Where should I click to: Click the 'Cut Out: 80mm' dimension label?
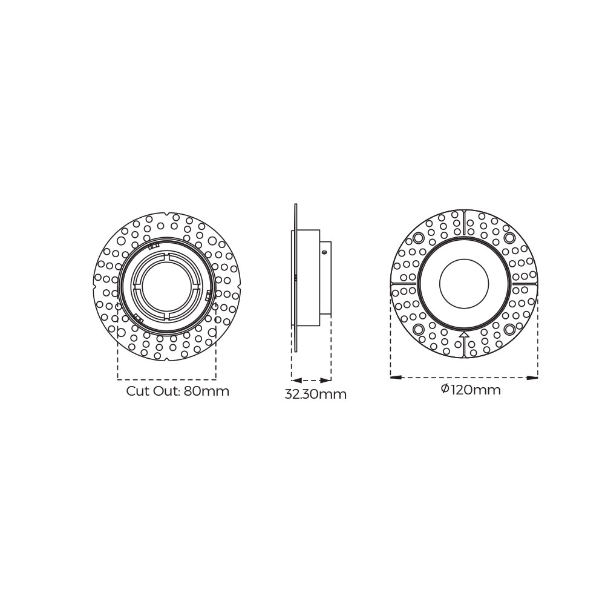[x=177, y=391]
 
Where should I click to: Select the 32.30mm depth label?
[x=315, y=395]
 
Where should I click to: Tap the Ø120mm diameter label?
[x=471, y=390]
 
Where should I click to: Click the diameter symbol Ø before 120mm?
[x=445, y=389]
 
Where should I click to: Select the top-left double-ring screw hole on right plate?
[x=418, y=238]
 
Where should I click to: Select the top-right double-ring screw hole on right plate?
[x=509, y=238]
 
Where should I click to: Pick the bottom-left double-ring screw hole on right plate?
[x=418, y=329]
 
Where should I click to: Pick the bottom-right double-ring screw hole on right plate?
[x=509, y=329]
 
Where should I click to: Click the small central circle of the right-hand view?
[x=464, y=284]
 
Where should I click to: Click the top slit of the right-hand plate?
[x=464, y=223]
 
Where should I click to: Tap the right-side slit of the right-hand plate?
[x=524, y=283]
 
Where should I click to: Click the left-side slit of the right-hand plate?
[x=404, y=283]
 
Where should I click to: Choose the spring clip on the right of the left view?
[x=209, y=295]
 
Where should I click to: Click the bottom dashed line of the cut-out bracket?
[x=166, y=379]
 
